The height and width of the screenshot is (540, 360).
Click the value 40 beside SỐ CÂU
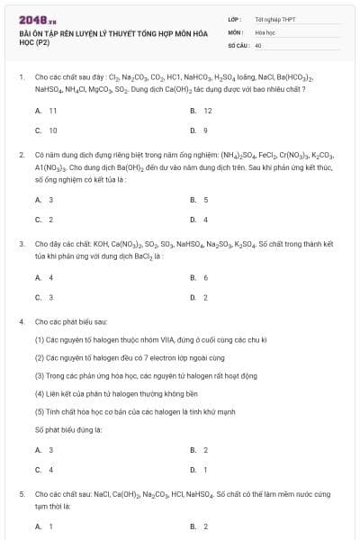258,44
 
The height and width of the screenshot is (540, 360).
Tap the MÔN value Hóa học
265,31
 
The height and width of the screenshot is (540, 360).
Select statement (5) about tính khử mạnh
135,411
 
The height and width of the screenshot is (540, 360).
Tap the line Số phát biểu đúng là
67,429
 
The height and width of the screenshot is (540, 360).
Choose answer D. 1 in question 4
199,469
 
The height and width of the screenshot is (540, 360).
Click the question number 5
22,494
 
